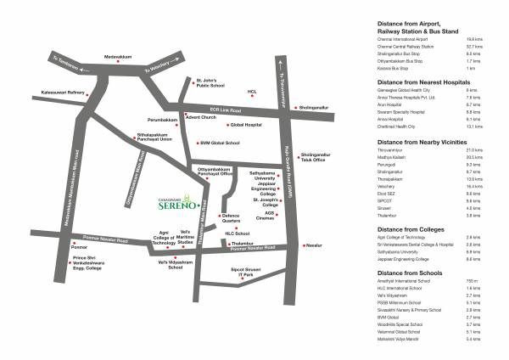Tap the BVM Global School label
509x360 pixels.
click(219, 143)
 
